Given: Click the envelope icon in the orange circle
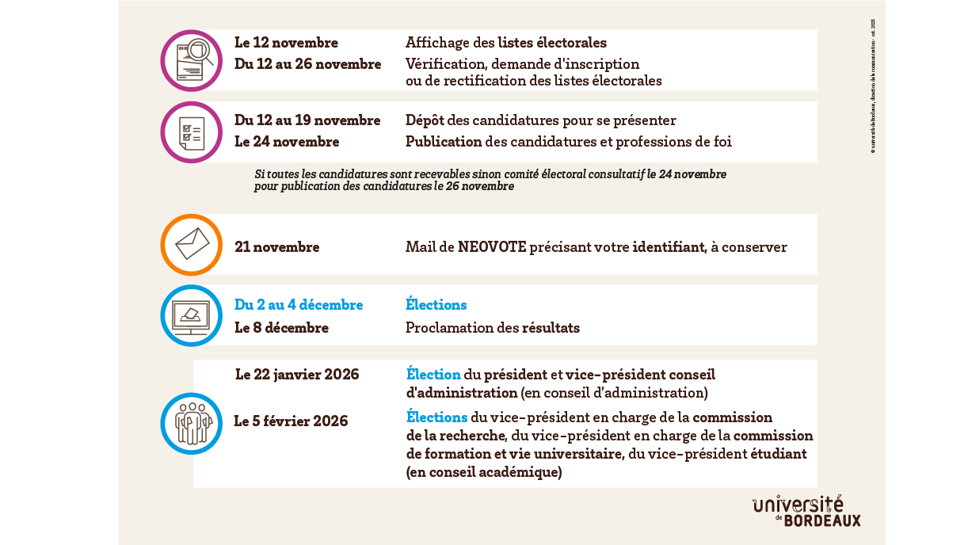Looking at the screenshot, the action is [x=192, y=244].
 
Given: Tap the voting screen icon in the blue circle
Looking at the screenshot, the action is [x=192, y=315].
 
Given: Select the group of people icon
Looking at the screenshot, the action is [x=192, y=424].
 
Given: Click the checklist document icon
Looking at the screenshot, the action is [x=192, y=132].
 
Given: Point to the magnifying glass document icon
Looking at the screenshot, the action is [x=192, y=60].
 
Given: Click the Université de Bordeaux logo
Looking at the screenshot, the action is [x=806, y=511].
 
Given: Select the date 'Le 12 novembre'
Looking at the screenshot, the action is [x=286, y=43].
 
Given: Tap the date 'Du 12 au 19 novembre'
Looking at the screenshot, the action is [x=307, y=120].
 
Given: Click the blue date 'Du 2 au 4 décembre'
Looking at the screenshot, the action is [x=299, y=305].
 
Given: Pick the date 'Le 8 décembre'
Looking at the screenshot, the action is [x=281, y=327].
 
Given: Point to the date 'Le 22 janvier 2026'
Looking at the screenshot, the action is [x=297, y=374].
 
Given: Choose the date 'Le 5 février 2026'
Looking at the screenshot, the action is [x=291, y=421].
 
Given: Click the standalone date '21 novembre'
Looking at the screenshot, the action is [x=277, y=247].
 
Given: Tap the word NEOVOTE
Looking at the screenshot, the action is [x=492, y=247].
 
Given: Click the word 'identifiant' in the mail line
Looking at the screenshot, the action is [x=669, y=247].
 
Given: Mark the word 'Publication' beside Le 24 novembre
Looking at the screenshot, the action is [x=444, y=142].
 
